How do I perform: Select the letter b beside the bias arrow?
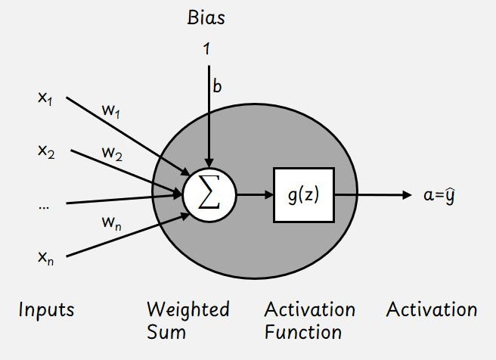pos(218,87)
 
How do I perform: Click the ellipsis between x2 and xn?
pos(43,204)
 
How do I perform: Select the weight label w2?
pos(113,153)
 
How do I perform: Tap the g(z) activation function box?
pos(303,194)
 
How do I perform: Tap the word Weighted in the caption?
pos(188,309)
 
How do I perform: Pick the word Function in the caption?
pos(302,331)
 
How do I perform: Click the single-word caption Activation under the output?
pos(432,309)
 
